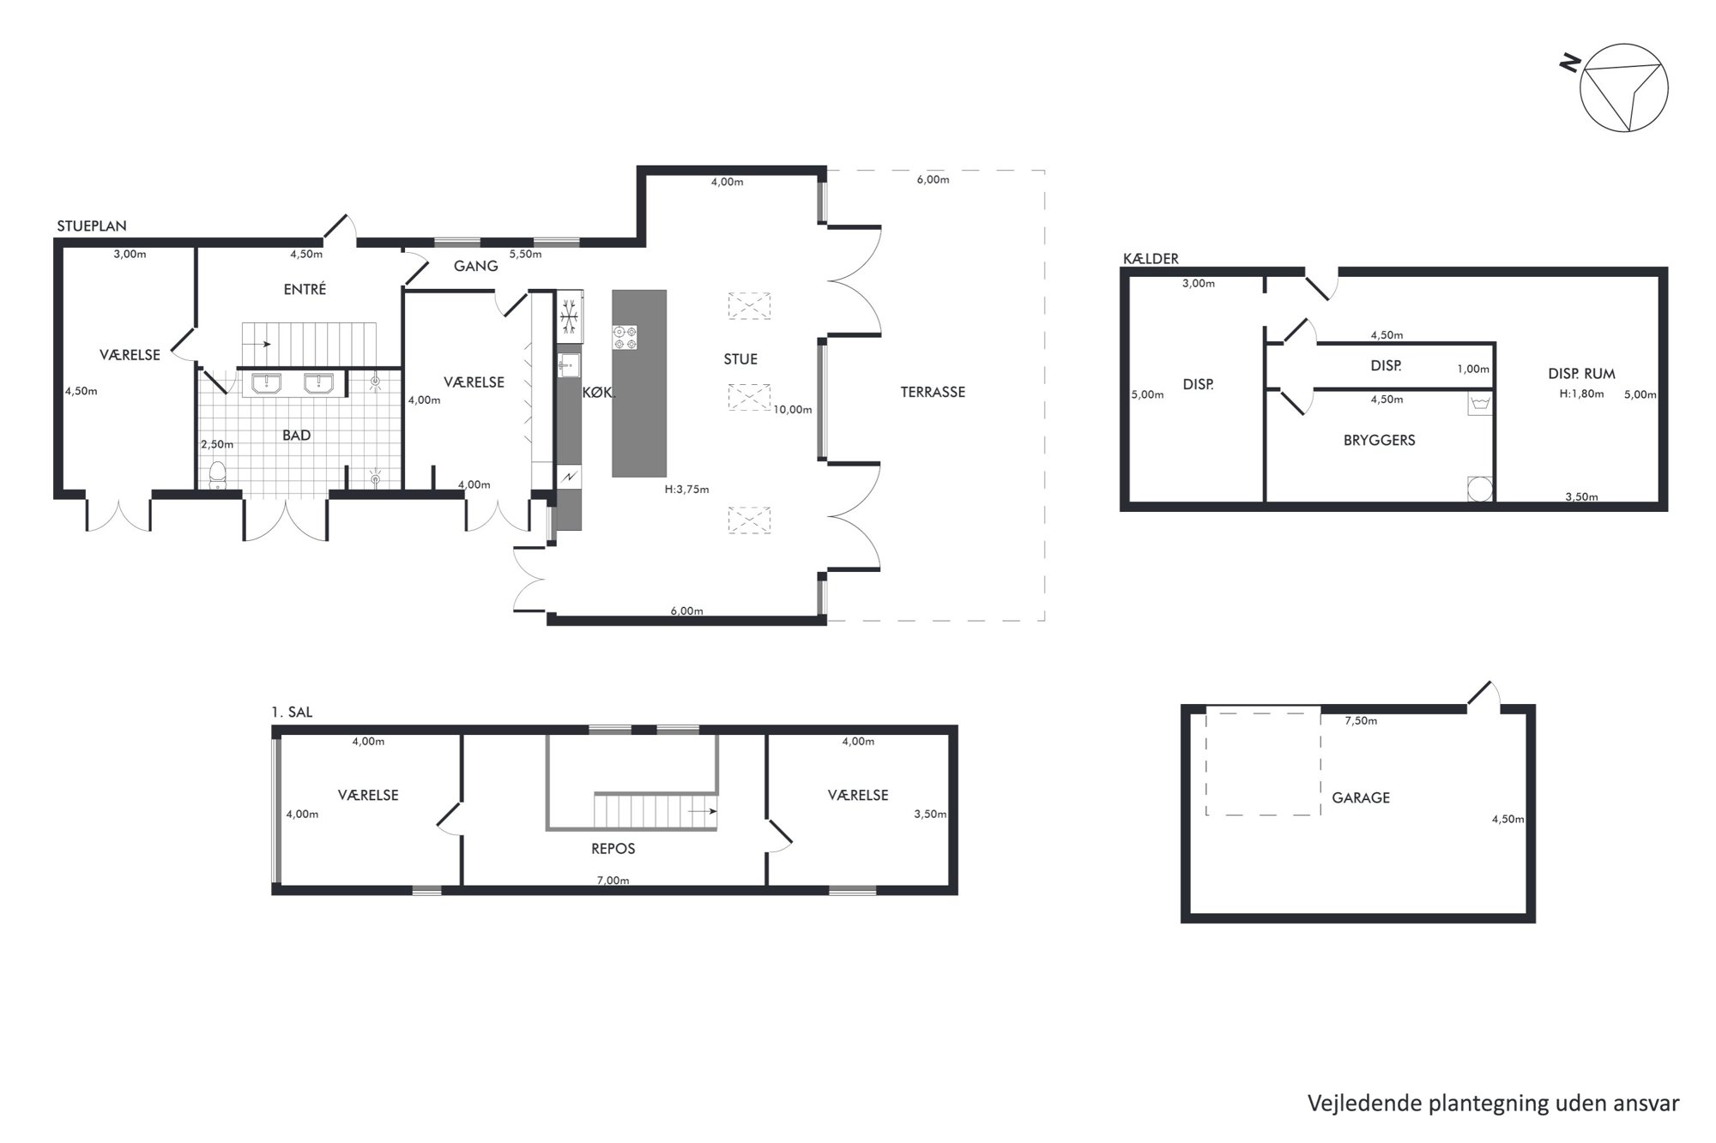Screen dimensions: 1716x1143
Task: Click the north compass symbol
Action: point(1624,87)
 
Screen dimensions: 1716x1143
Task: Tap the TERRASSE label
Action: point(933,392)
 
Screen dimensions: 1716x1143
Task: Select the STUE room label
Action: point(740,359)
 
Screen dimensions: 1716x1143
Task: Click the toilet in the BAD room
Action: point(217,475)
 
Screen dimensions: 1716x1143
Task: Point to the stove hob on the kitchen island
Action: point(625,337)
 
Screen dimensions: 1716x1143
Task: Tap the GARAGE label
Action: point(1361,797)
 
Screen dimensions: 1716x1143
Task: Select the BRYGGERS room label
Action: point(1380,440)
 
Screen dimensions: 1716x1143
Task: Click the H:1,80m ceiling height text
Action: point(1581,394)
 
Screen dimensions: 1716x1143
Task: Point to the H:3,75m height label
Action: point(686,490)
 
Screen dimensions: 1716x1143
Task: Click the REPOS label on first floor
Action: point(613,849)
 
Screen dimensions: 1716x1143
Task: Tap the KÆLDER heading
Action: point(1151,258)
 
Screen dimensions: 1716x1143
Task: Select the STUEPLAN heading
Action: point(92,226)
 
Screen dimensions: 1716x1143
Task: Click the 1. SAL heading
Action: point(292,713)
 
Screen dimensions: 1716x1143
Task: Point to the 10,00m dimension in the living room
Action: point(793,410)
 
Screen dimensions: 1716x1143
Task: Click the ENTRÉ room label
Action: point(305,289)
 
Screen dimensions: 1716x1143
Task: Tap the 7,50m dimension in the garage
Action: point(1361,721)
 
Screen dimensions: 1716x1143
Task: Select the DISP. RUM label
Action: point(1581,374)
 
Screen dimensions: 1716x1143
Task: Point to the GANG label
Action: point(476,266)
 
